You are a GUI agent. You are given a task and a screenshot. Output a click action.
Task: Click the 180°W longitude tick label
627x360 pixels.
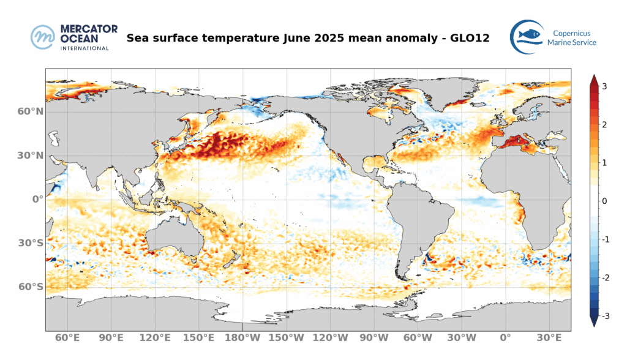pyautogui.click(x=244, y=338)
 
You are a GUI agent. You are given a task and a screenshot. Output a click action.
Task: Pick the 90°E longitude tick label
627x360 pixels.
pyautogui.click(x=111, y=338)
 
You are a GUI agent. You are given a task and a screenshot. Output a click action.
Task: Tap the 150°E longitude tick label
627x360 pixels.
pyautogui.click(x=199, y=338)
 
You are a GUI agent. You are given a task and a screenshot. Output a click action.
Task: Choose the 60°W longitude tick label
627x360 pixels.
pyautogui.click(x=418, y=338)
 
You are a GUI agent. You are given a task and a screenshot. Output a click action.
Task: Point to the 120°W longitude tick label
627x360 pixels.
pyautogui.click(x=331, y=338)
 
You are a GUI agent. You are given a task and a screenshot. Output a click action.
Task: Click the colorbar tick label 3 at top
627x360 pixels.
pyautogui.click(x=604, y=86)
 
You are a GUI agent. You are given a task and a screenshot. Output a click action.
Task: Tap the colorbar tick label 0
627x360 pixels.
pyautogui.click(x=604, y=201)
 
